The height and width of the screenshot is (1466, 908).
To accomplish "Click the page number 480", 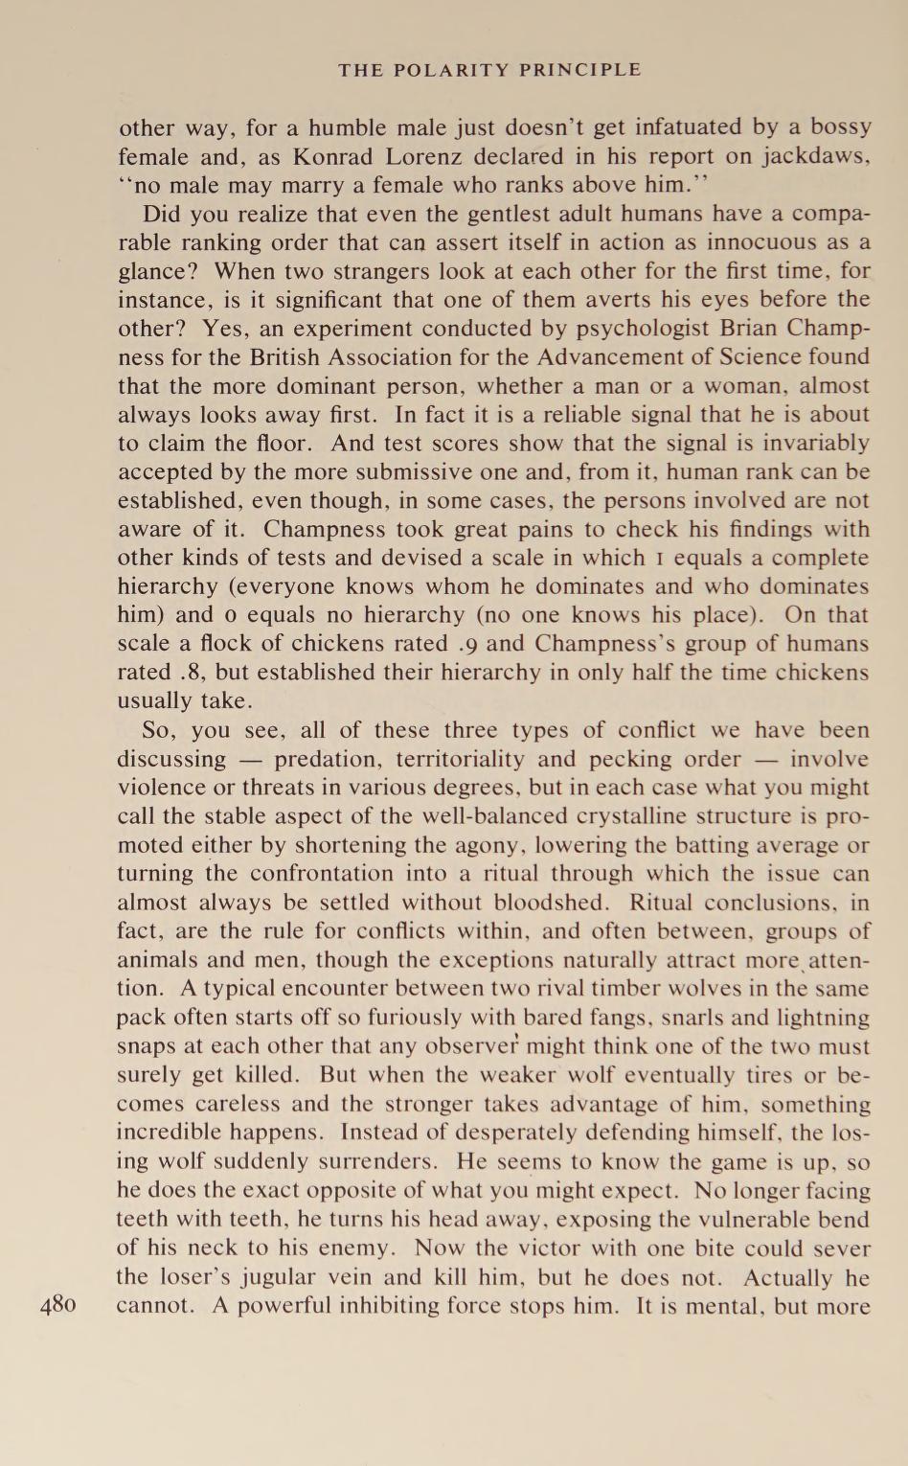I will click(58, 1305).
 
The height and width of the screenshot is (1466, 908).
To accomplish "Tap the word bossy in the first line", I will click(841, 127).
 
